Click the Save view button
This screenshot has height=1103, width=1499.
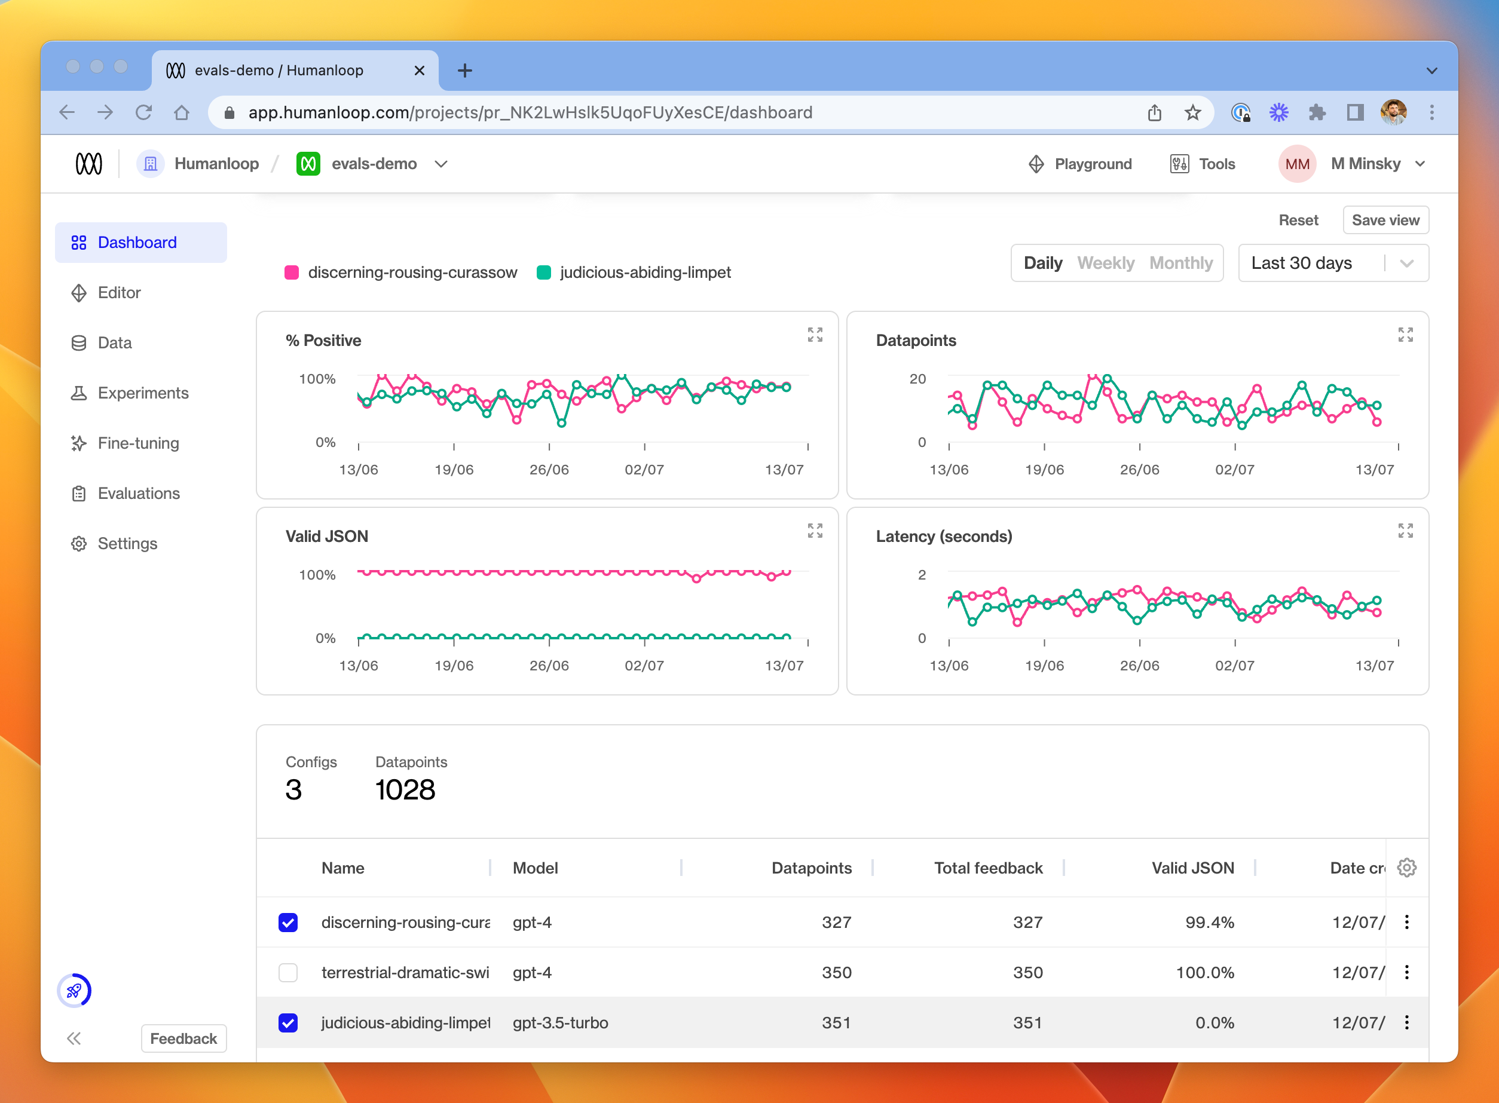(1385, 220)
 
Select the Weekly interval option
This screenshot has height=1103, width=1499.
(1105, 263)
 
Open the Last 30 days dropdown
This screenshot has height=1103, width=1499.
(1333, 263)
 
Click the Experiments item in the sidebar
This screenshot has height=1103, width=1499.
(143, 393)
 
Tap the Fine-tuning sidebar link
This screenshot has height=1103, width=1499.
(138, 443)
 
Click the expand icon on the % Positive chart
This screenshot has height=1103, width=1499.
(815, 335)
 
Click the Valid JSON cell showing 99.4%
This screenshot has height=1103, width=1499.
(1209, 923)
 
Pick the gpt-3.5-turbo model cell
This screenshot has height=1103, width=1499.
(560, 1023)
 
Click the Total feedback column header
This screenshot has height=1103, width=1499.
(987, 868)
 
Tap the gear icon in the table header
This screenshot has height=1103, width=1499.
(1406, 868)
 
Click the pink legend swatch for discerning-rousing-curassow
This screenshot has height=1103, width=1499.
(292, 272)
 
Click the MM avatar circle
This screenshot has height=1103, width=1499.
(1297, 164)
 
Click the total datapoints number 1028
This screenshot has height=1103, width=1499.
(405, 791)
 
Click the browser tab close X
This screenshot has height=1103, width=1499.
(420, 71)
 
